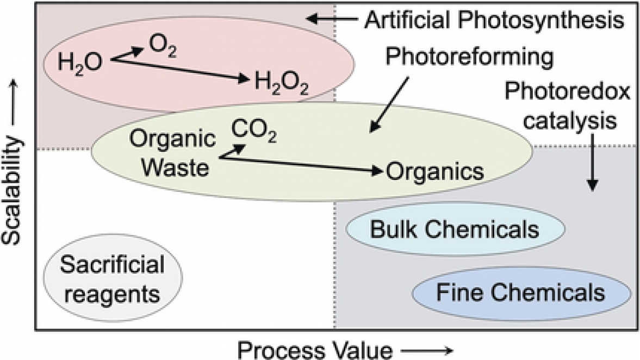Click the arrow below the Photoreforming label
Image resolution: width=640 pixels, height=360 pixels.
point(390,104)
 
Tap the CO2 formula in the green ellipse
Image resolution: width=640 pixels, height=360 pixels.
point(253,131)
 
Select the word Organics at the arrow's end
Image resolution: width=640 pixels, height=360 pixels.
point(434,172)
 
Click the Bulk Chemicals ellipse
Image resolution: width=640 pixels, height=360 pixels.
point(454,229)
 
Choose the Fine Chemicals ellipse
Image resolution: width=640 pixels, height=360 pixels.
point(520,293)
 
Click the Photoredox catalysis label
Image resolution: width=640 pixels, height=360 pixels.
point(568,105)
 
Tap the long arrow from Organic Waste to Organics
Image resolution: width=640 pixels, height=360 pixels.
point(299,164)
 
